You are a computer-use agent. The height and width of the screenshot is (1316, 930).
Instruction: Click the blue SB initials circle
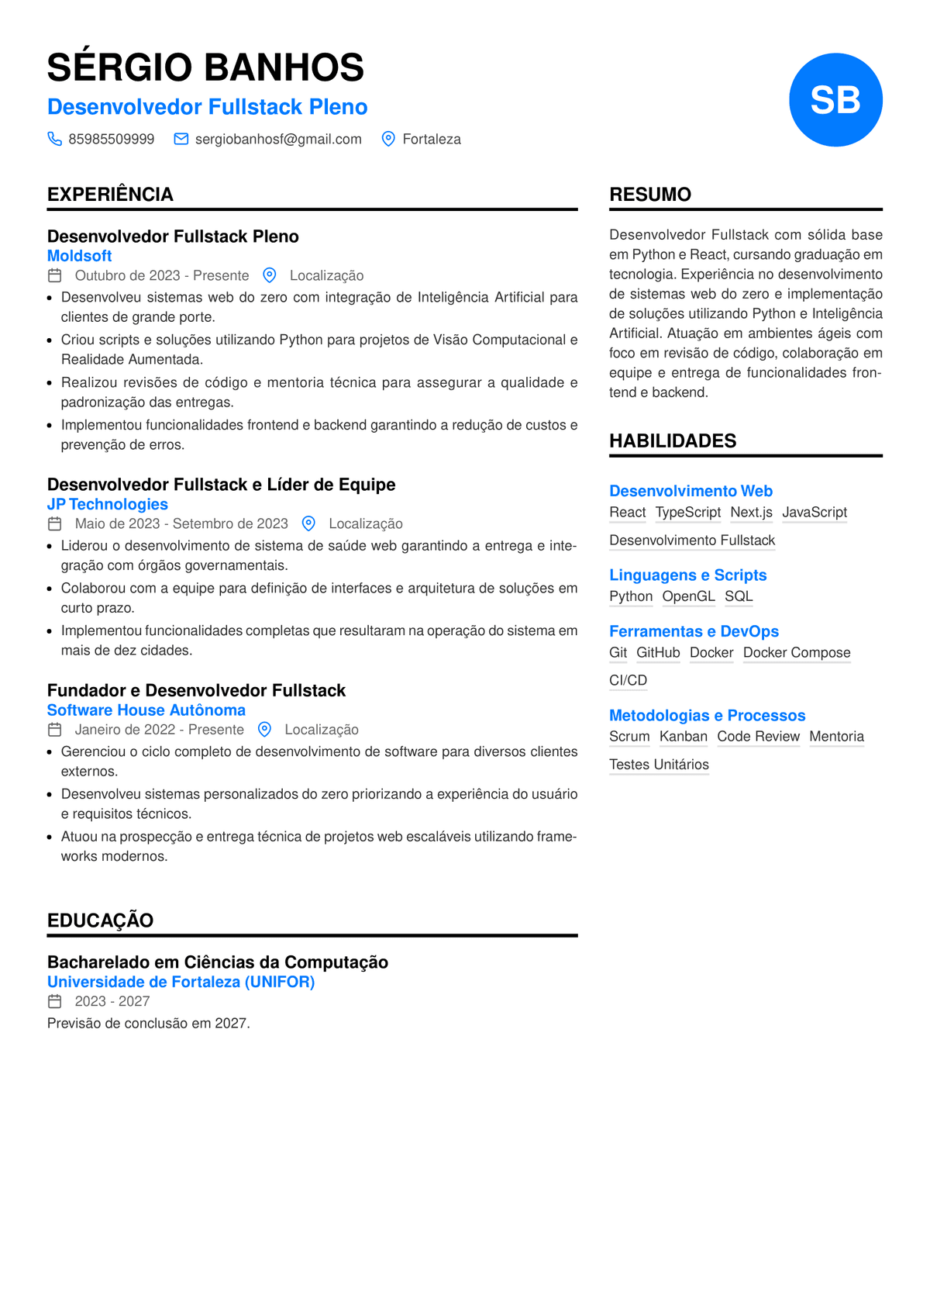click(835, 100)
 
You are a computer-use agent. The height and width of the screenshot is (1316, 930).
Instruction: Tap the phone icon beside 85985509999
click(54, 139)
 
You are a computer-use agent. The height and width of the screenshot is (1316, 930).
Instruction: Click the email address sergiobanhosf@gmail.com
click(278, 140)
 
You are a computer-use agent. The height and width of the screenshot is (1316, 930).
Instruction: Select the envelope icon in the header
click(181, 139)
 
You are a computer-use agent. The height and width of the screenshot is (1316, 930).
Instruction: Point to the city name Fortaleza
click(432, 140)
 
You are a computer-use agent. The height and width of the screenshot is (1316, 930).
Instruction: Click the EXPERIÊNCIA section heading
click(110, 195)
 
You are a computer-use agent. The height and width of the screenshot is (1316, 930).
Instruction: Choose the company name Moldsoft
click(79, 256)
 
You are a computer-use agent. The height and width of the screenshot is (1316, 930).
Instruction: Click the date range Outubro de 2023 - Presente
click(162, 276)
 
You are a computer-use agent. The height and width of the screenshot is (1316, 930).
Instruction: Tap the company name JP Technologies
click(107, 504)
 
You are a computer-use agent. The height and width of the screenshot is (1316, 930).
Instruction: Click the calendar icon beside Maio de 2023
click(54, 524)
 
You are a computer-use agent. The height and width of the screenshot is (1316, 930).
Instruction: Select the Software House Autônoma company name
click(146, 710)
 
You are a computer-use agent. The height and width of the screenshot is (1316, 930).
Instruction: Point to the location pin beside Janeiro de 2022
click(264, 730)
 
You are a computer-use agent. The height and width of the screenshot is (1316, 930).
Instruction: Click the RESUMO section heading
click(650, 195)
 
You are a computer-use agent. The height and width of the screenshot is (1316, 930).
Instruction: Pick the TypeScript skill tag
click(687, 513)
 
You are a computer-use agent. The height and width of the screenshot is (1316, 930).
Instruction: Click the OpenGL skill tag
click(688, 596)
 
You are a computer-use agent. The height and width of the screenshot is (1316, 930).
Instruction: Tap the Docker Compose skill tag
click(797, 653)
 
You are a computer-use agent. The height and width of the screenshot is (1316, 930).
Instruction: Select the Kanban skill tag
click(683, 737)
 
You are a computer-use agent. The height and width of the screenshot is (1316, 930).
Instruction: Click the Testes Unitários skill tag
click(659, 765)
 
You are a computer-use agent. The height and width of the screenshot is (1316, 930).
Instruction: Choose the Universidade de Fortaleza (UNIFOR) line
click(181, 982)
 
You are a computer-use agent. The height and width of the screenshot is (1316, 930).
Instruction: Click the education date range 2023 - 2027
click(112, 1002)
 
